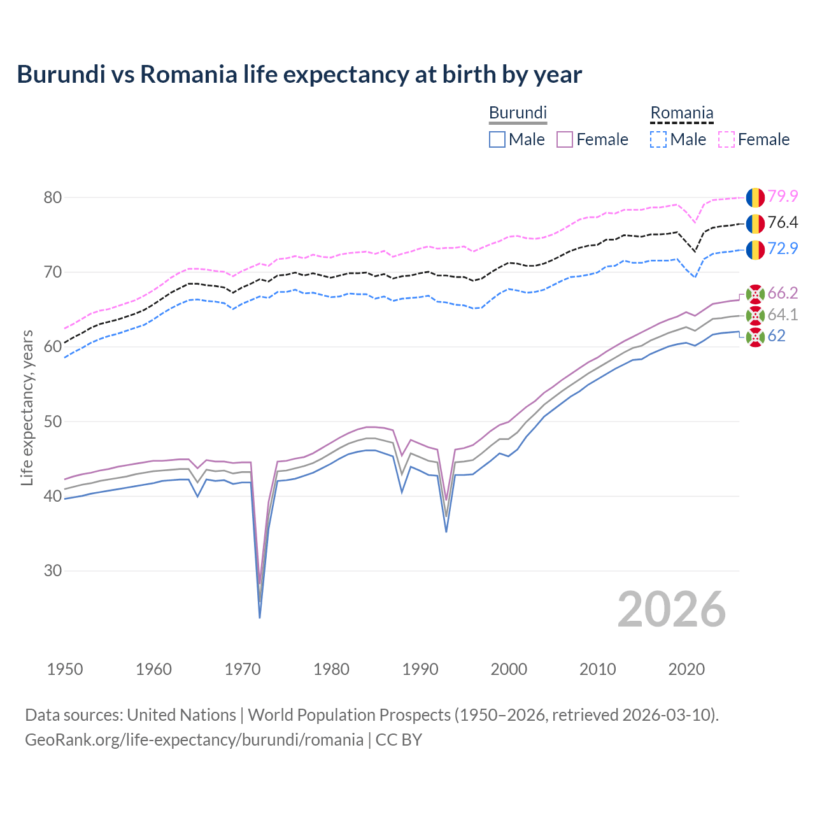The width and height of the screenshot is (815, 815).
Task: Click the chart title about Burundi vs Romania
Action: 299,74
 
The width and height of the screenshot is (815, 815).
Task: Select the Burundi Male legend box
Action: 497,139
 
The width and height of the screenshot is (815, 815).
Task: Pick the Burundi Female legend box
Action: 565,139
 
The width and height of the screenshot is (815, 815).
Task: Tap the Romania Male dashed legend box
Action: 658,139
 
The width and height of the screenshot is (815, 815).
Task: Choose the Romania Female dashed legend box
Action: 726,139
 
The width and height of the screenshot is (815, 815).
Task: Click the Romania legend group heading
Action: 681,113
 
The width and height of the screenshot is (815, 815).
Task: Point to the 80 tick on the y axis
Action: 53,198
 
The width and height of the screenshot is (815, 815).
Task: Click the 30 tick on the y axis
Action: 53,570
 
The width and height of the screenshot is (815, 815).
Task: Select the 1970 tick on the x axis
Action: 243,669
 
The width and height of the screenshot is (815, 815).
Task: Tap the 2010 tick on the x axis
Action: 597,669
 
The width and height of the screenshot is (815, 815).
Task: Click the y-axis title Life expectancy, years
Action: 27,407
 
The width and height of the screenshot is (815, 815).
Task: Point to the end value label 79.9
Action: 783,197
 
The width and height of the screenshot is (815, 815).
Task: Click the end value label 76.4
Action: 783,223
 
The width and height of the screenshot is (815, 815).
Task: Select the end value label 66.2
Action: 783,294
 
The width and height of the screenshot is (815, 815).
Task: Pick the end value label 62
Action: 777,336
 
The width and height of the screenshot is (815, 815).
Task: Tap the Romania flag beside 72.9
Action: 755,250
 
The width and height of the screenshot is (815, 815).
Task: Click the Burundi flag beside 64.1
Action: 755,315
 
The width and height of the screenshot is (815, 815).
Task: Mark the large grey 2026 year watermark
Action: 672,610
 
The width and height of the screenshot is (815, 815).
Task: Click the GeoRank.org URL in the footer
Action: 194,740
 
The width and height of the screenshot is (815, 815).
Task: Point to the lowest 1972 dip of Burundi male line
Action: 260,617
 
